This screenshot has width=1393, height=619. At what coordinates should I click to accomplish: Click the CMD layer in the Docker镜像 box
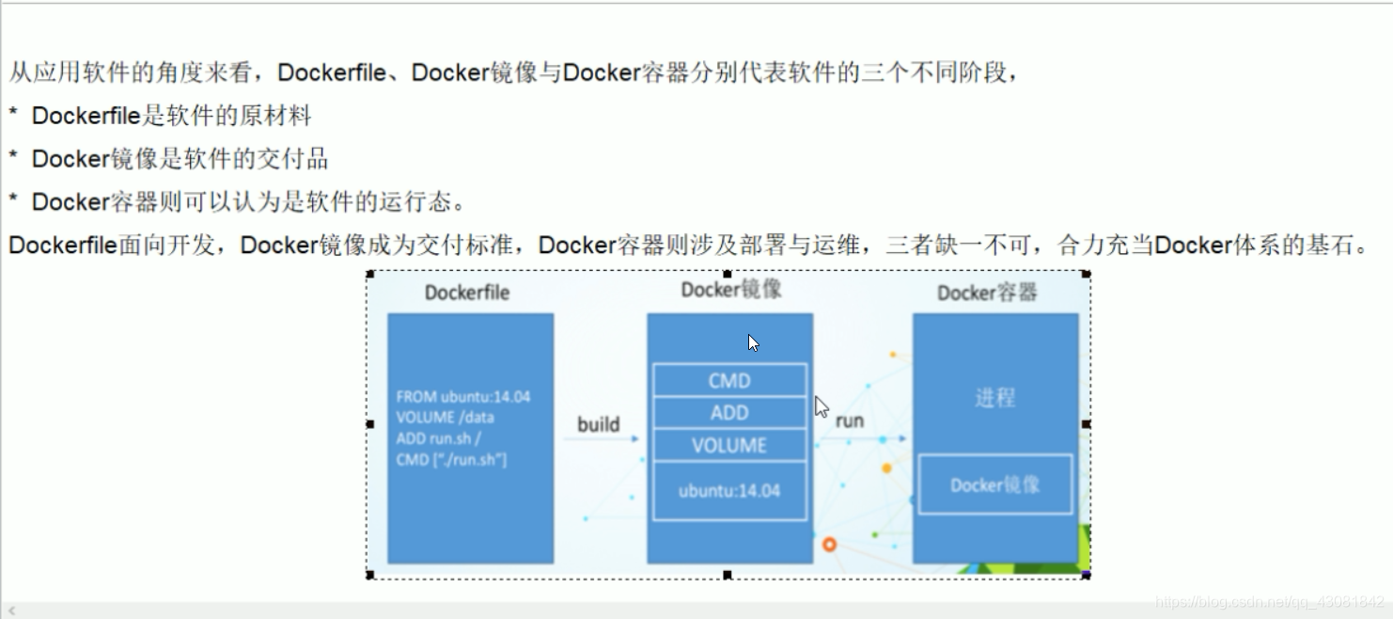(729, 380)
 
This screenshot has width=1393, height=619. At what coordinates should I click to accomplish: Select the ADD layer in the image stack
(729, 413)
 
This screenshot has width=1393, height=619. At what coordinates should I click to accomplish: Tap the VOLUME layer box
(729, 446)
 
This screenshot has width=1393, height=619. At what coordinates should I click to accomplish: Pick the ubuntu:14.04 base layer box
(729, 490)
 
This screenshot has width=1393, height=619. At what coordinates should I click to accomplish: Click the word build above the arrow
(599, 424)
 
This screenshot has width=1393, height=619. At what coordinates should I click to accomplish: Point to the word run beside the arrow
(849, 421)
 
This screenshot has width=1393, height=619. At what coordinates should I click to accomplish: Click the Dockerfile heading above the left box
(466, 293)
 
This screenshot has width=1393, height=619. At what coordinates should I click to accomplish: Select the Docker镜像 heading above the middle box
(731, 290)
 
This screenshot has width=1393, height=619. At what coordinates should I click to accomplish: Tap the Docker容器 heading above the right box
(987, 293)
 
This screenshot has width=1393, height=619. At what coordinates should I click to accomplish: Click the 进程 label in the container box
(994, 398)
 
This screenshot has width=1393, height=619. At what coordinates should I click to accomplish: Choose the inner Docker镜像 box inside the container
(994, 485)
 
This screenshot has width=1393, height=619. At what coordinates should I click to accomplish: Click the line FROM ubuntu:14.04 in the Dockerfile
(463, 397)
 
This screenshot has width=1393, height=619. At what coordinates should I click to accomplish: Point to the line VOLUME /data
(445, 418)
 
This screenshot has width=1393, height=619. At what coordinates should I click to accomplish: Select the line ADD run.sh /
(439, 438)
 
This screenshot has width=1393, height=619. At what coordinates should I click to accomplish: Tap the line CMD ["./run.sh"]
(451, 459)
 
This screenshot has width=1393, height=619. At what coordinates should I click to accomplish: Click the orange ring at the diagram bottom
(829, 545)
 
